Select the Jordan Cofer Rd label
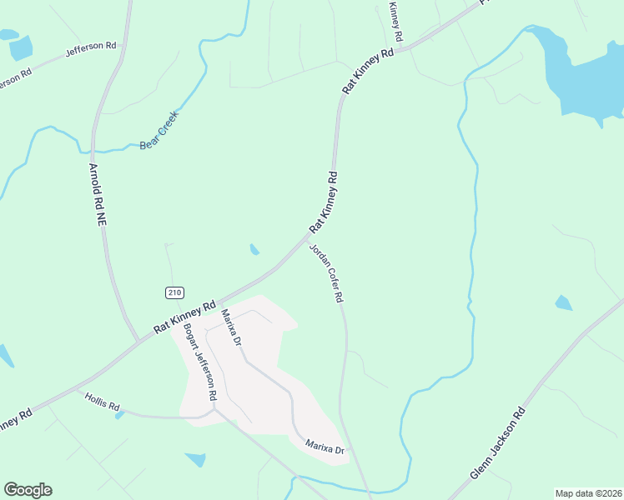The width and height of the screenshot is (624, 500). click(x=327, y=272)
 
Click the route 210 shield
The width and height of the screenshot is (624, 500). click(x=174, y=292)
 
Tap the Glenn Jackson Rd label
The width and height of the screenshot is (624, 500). click(x=498, y=442)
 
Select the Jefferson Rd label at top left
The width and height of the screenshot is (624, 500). click(x=91, y=47)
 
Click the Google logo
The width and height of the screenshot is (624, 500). click(x=28, y=490)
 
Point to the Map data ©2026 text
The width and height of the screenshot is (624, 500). click(x=588, y=493)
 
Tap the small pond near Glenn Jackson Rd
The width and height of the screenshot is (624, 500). click(x=564, y=302)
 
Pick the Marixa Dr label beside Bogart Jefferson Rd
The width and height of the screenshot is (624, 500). click(x=231, y=327)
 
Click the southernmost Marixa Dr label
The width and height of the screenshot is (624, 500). click(x=325, y=448)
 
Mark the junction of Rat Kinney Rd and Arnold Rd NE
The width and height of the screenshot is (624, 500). click(x=138, y=340)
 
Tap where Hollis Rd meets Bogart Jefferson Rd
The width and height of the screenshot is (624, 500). click(x=212, y=409)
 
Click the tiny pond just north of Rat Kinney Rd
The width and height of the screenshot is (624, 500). click(x=254, y=248)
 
